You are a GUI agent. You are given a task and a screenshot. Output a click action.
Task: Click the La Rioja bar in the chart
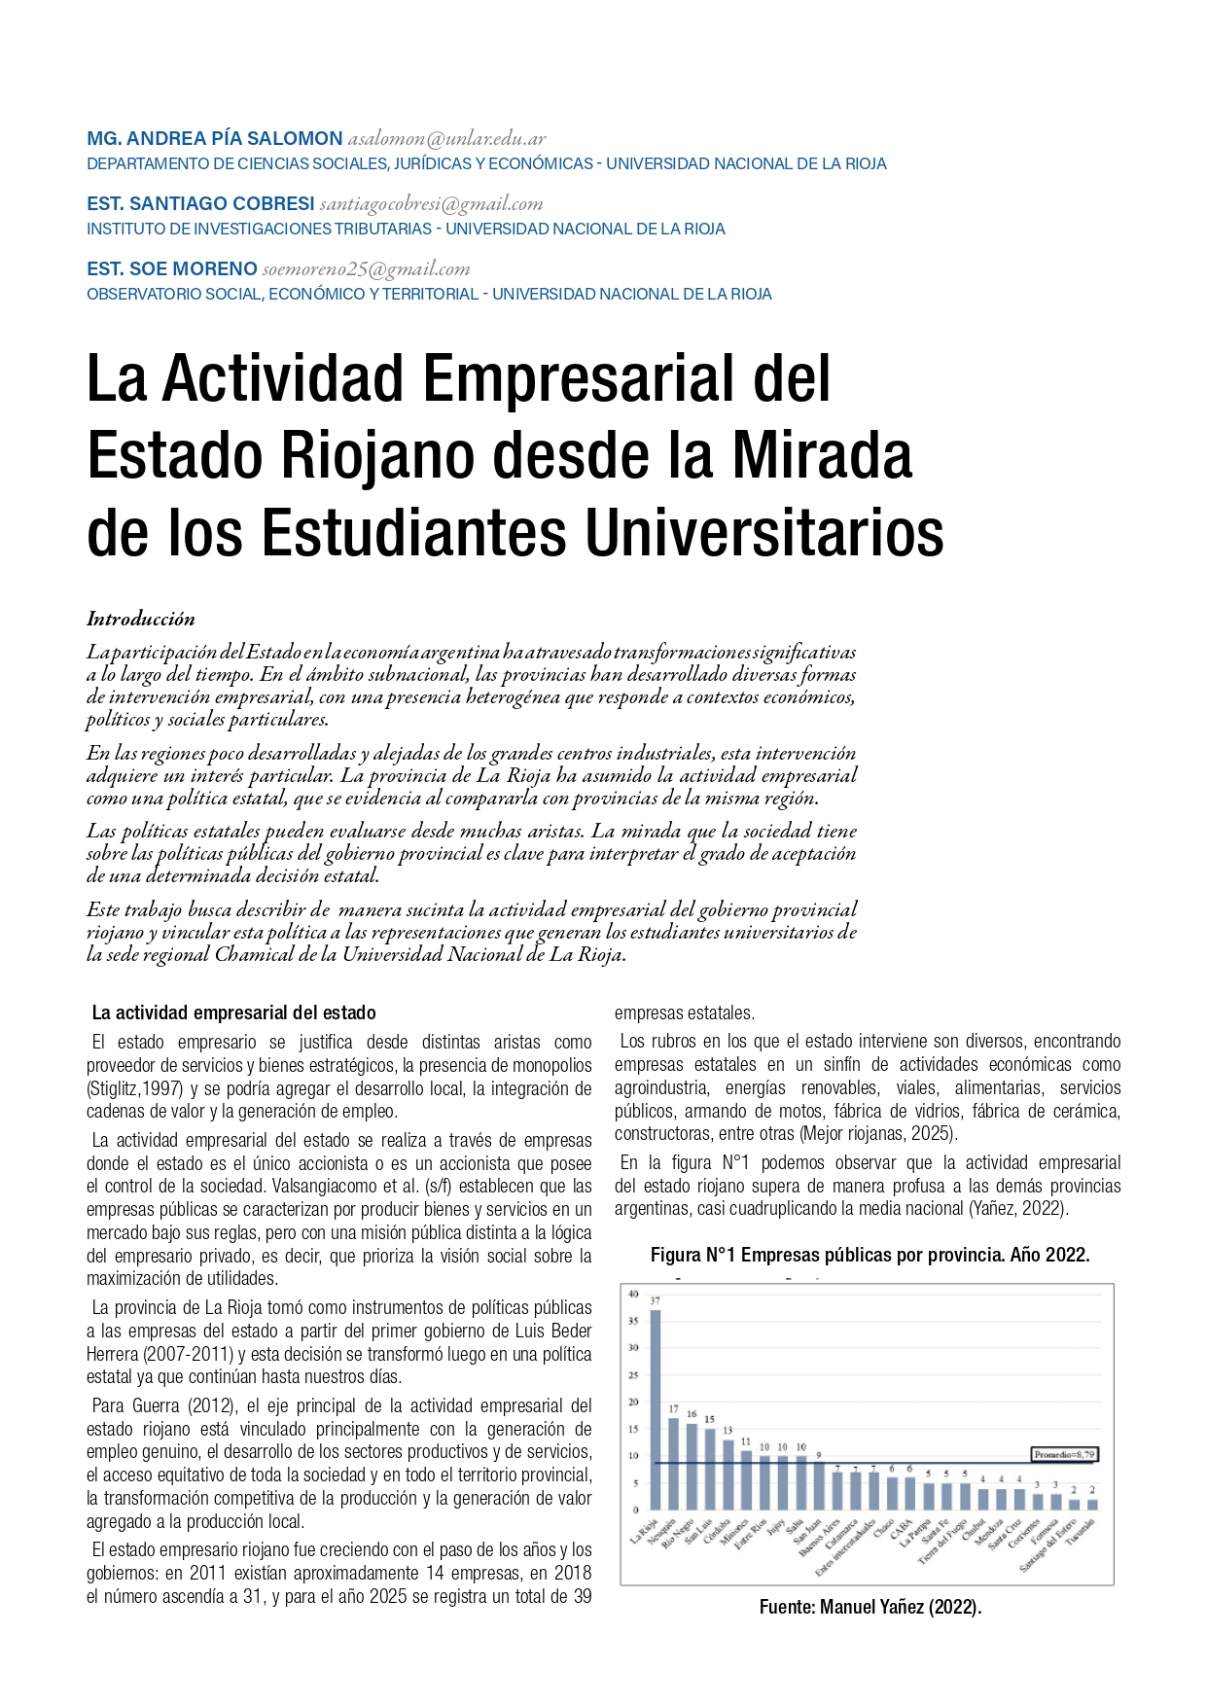655,1409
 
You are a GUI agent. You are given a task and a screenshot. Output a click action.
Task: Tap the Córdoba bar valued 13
728,1475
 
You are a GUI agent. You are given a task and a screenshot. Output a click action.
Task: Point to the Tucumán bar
1092,1504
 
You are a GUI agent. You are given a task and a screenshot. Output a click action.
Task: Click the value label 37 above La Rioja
655,1300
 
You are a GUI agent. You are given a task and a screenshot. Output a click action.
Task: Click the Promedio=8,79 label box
1064,1455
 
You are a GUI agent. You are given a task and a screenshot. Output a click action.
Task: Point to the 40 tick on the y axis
633,1294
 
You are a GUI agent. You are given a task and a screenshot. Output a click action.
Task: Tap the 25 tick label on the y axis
633,1375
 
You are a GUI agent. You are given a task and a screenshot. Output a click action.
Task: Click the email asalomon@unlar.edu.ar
446,139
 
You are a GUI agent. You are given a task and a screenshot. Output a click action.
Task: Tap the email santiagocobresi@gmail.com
431,204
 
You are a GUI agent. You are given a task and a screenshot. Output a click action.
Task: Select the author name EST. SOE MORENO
171,269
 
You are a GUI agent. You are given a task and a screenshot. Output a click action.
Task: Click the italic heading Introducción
141,619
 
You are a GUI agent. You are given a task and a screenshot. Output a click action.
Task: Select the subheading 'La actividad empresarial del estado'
233,1013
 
